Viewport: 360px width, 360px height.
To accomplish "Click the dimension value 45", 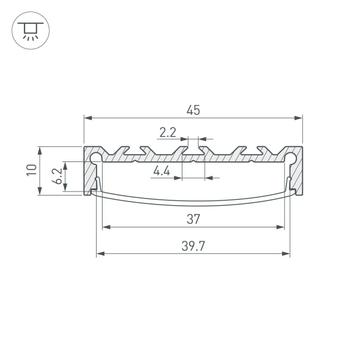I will (x=193, y=110).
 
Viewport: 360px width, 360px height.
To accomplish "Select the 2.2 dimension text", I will (x=167, y=131).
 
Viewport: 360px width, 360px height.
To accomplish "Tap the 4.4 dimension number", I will (x=161, y=172).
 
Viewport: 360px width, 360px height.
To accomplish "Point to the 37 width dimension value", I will (x=193, y=219).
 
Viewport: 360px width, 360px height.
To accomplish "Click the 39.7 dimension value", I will (x=193, y=246).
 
